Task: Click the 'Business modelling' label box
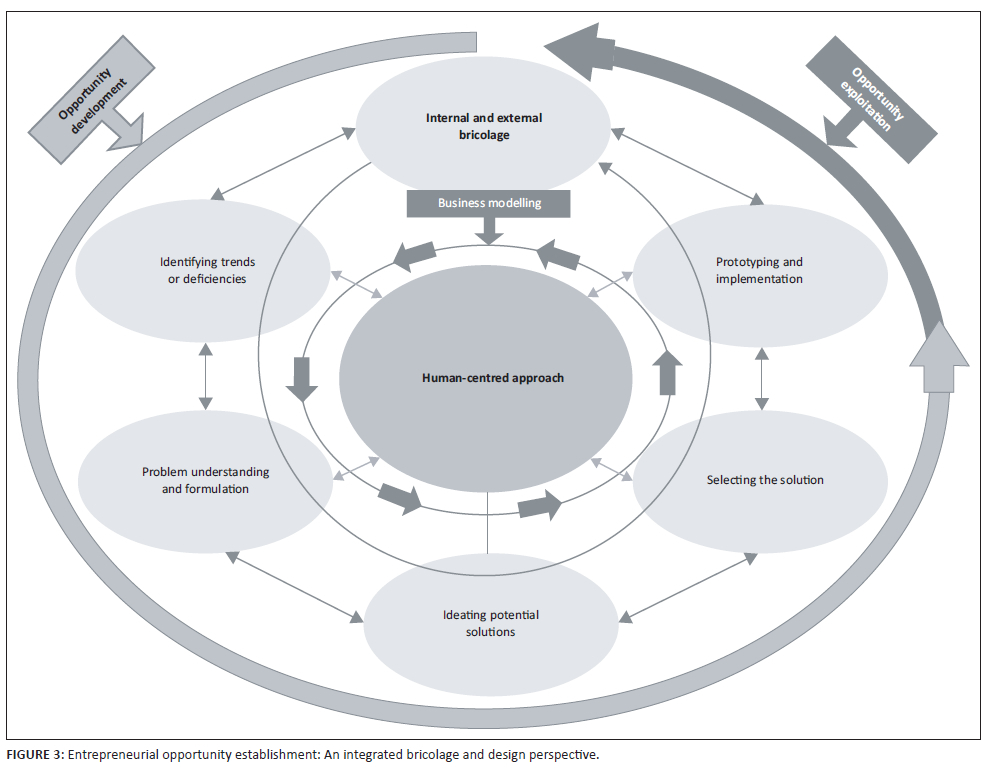pos(489,203)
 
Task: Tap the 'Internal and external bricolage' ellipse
pos(482,126)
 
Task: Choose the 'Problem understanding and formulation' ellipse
pos(205,480)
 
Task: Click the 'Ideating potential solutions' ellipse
pos(490,623)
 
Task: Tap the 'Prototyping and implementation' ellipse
pos(760,270)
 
